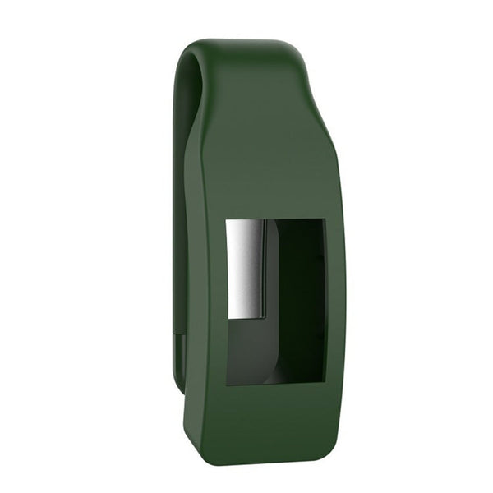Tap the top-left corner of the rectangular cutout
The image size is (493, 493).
228,220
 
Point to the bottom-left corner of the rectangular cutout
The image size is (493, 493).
228,384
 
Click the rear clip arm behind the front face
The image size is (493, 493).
179,205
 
